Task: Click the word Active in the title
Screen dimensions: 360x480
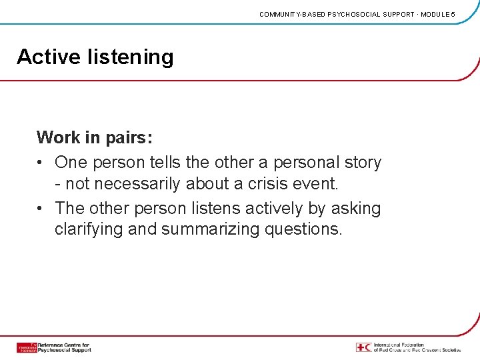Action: pos(49,57)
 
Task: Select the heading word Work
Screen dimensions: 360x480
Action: pos(59,138)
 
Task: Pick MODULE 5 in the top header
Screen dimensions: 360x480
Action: pos(437,14)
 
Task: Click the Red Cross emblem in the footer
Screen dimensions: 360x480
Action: pos(363,347)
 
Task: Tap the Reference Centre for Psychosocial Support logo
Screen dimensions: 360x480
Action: pos(53,347)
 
